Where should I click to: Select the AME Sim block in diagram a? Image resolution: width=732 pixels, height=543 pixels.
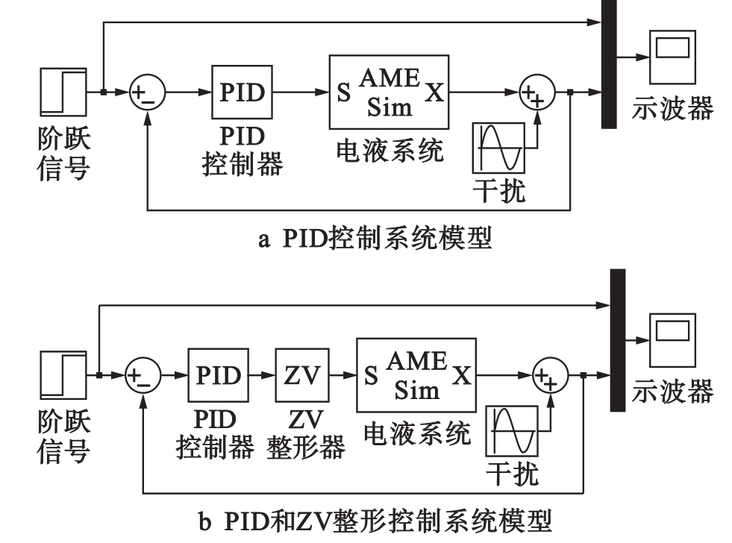tap(390, 92)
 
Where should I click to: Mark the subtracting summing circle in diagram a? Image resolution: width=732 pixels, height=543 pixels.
tap(146, 92)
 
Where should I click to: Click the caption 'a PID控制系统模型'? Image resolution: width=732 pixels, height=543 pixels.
tap(366, 241)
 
